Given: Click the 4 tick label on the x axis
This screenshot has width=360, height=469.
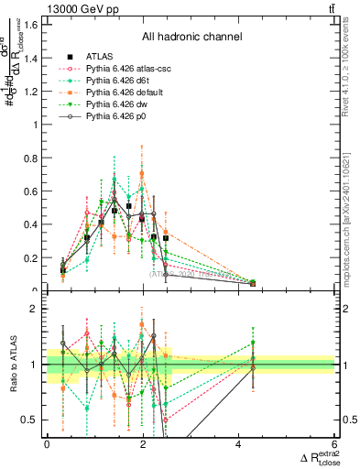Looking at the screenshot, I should [239, 443].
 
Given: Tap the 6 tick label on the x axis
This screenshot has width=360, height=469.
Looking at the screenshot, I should [335, 443].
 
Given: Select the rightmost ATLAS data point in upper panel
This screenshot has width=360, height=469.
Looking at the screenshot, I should [253, 283].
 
